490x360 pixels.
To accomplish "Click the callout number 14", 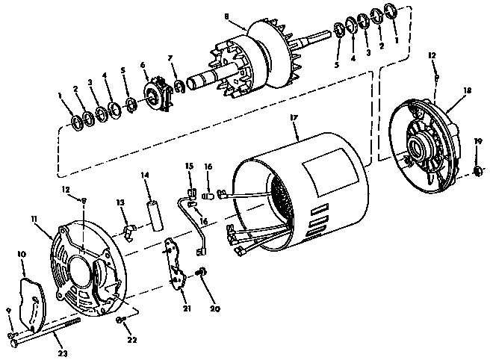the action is (x=145, y=176).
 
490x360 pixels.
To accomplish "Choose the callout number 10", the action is (x=22, y=255).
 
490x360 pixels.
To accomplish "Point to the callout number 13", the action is (x=120, y=203).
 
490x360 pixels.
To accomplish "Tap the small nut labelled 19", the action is (x=477, y=173).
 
